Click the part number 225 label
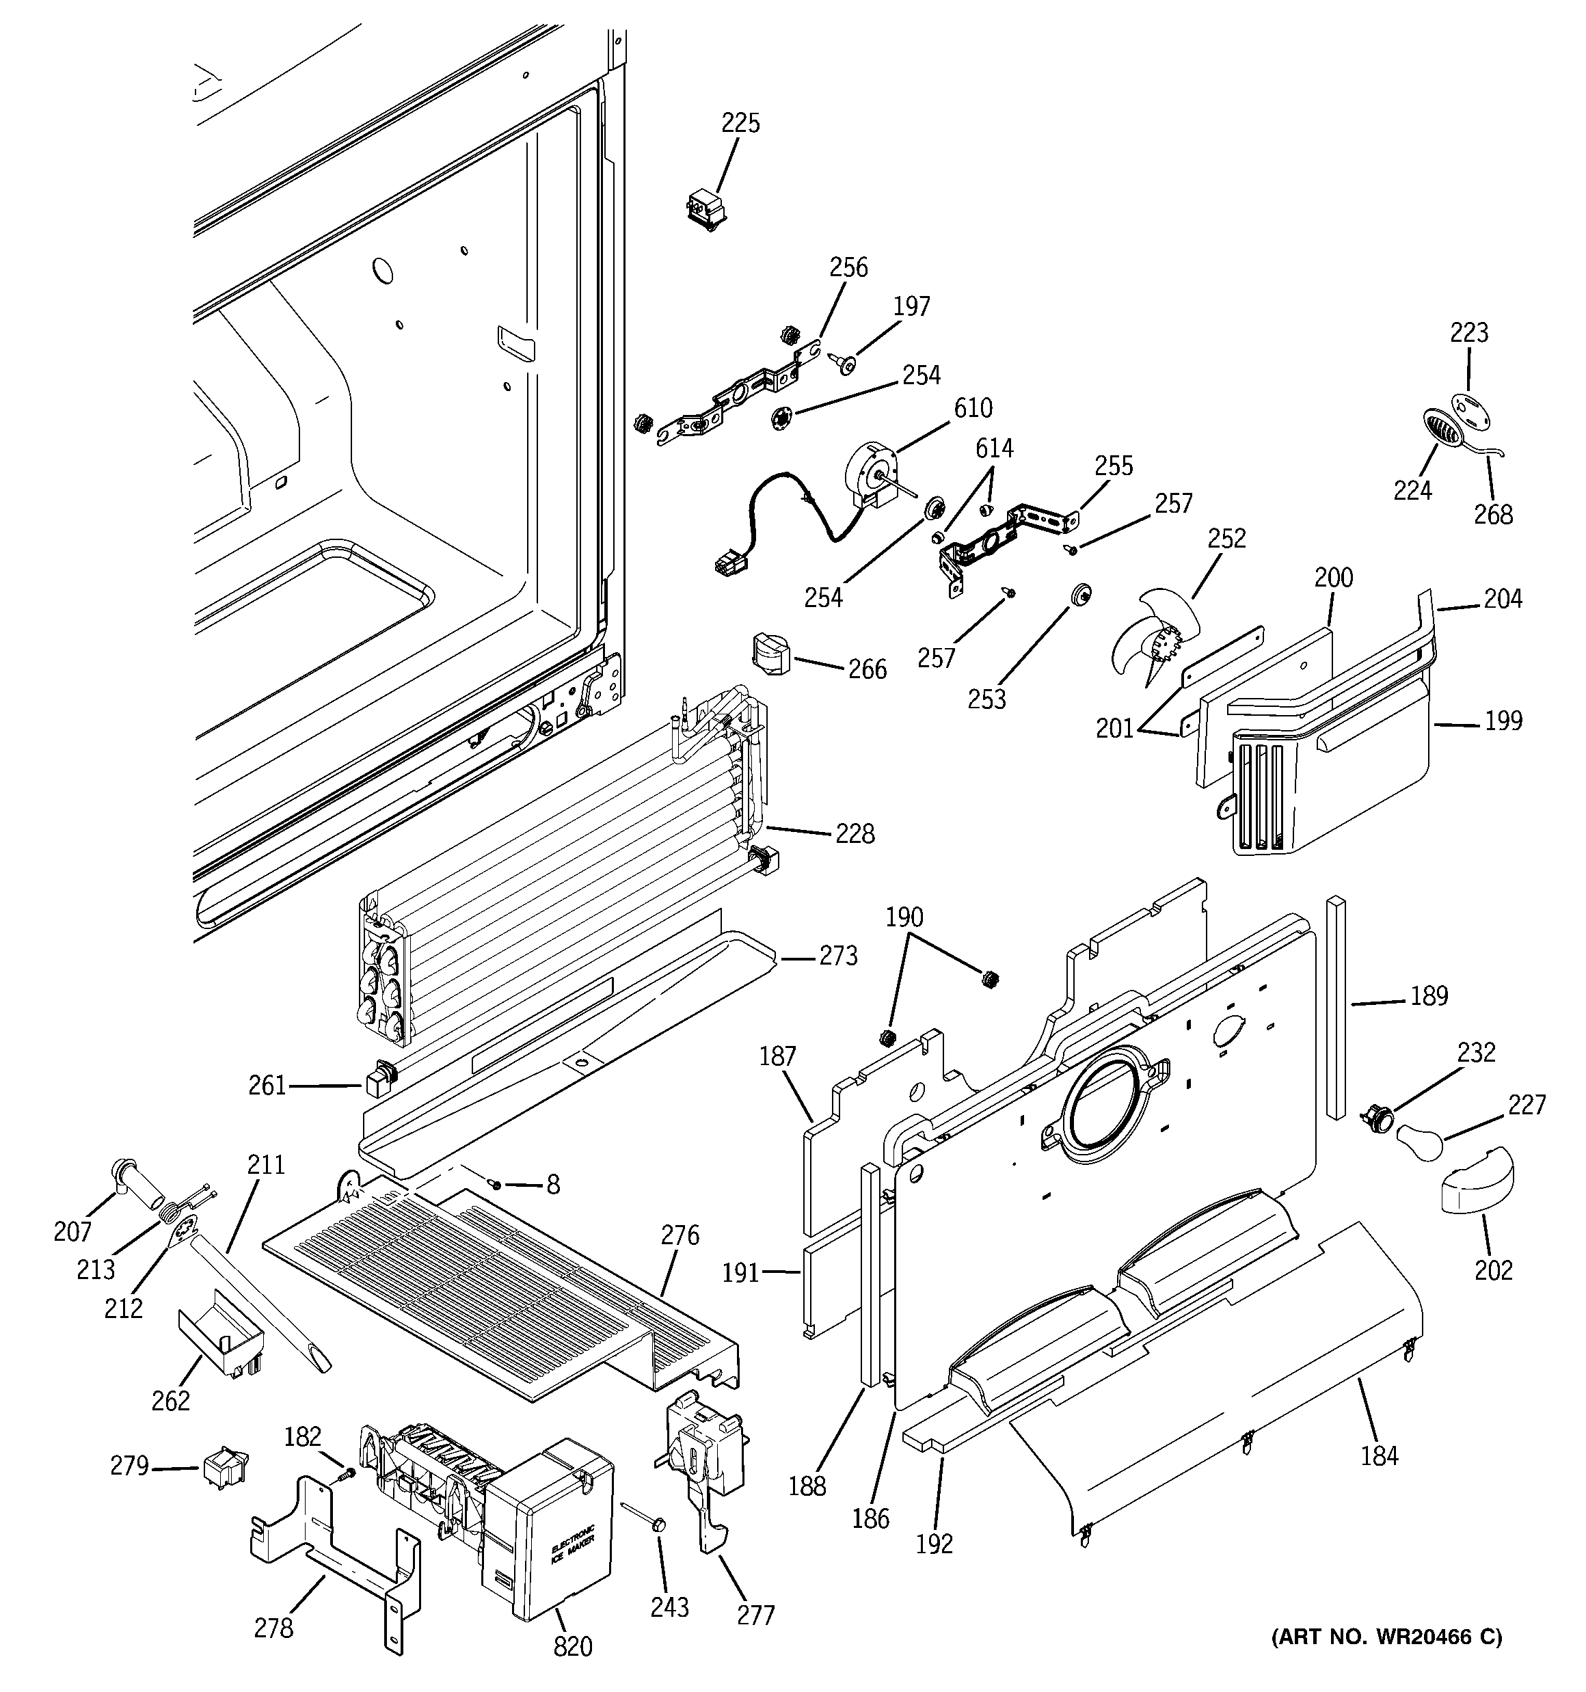pyautogui.click(x=740, y=124)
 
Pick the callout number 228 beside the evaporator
pyautogui.click(x=855, y=833)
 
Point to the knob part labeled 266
pyautogui.click(x=769, y=654)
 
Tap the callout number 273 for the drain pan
pyautogui.click(x=837, y=956)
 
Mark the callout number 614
pyautogui.click(x=993, y=448)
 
